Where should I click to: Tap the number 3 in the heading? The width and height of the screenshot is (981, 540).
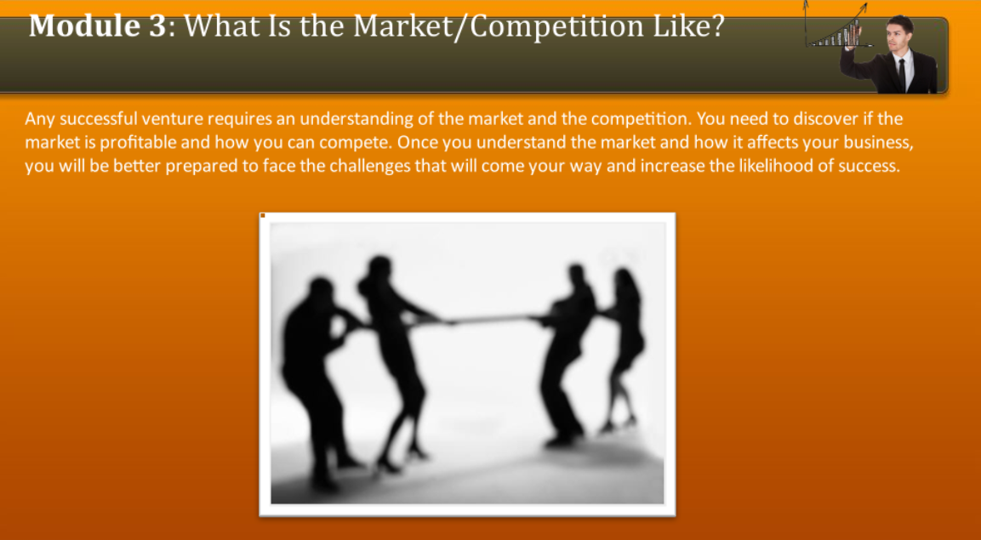coord(158,26)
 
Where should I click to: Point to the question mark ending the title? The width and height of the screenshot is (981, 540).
coord(717,26)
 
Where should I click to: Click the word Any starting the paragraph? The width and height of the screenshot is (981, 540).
coord(39,119)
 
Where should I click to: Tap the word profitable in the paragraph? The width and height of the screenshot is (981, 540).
coord(139,143)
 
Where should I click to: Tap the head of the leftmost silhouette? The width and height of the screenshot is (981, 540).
coord(321,291)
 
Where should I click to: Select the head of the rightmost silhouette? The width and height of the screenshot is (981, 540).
coord(625,281)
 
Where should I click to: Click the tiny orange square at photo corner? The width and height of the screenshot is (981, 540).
coord(263,216)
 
